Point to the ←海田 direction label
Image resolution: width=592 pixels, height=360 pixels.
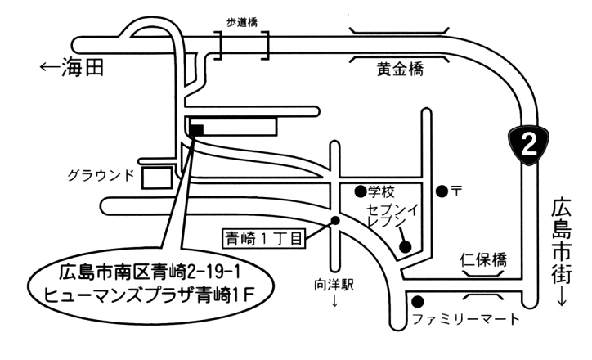72,69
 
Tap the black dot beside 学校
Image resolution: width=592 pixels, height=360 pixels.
360,191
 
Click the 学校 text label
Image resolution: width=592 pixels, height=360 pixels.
381,192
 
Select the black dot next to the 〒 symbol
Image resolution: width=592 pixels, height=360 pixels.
442,191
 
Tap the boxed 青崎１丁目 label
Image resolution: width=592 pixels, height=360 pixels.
263,238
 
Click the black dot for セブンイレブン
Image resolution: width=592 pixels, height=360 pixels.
404,247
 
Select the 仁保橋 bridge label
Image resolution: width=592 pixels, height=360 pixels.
482,261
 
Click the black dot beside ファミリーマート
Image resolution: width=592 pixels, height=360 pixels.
417,300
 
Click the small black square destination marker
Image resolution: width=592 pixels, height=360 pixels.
196,128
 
